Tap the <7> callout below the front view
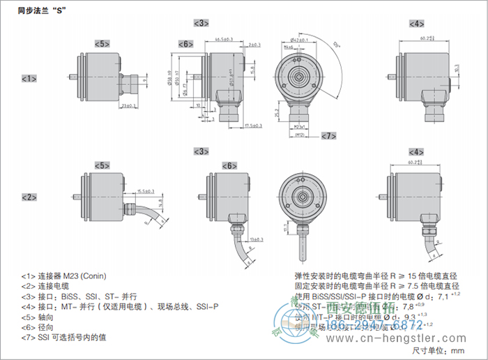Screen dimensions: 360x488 (328, 135)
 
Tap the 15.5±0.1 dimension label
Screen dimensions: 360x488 (144, 190)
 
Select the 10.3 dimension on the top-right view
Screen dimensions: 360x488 (456, 70)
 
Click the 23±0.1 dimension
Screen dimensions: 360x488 (127, 106)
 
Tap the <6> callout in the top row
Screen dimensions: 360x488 (185, 44)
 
